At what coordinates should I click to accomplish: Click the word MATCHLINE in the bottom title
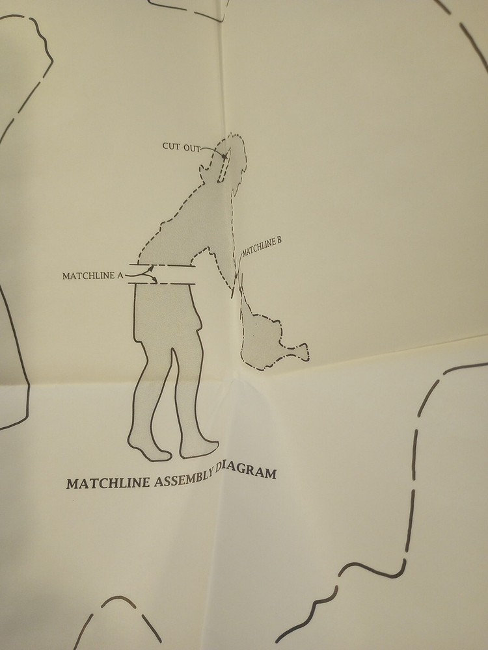tap(108, 483)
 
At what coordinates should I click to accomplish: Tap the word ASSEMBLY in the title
tap(184, 479)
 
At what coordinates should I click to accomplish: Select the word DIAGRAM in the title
tap(247, 470)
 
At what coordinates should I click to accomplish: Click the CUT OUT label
tap(181, 147)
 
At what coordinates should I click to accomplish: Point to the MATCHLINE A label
tap(92, 276)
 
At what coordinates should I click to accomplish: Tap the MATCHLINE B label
tap(262, 246)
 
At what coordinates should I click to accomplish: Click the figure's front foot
tap(198, 448)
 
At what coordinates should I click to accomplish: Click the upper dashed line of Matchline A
tap(162, 265)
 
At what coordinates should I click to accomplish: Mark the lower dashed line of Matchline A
tap(162, 283)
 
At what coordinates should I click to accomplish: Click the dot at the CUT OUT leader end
tap(224, 157)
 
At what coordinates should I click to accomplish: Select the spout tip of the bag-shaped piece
tap(305, 352)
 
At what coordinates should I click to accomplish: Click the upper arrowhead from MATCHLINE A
tap(151, 268)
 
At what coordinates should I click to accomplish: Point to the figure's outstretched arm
tap(216, 265)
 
